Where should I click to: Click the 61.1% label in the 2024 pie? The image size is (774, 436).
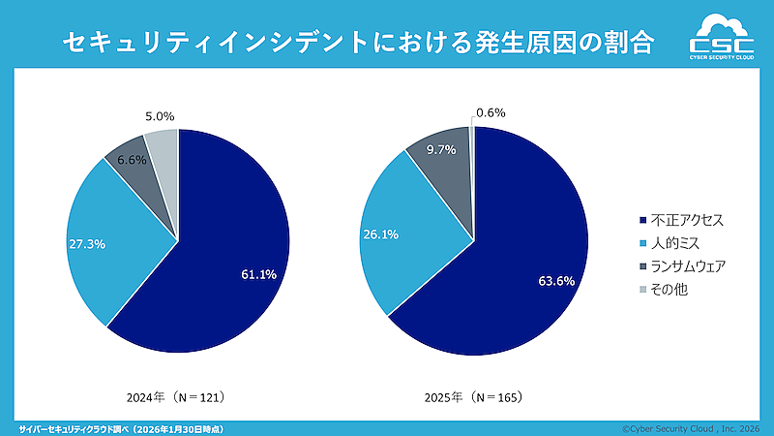pos(258,274)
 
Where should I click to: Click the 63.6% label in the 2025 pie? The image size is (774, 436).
pos(556,281)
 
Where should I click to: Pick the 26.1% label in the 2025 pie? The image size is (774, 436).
pos(379,234)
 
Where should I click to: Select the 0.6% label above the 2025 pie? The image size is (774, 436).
pos(491,112)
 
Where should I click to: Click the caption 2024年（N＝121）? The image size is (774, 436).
pos(182,397)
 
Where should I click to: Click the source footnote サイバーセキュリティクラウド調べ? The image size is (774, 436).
pos(126,427)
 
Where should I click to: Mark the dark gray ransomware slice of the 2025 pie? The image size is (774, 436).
pos(443,179)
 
